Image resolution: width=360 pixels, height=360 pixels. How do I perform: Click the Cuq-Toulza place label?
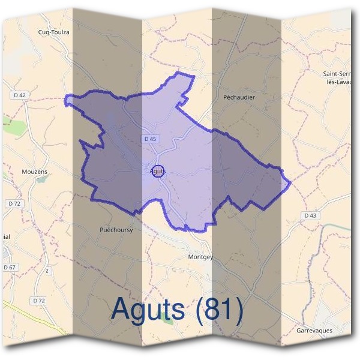tap(54, 32)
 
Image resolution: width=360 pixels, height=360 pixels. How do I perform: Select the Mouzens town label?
tap(34, 172)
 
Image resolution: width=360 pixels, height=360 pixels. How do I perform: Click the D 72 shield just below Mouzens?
tap(14, 204)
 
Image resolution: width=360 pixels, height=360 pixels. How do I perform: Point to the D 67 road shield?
tap(9, 267)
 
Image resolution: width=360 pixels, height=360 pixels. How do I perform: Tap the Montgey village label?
tap(200, 257)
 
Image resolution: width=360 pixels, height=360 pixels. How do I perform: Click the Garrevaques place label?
tap(314, 331)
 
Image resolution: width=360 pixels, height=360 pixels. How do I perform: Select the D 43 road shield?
tap(310, 215)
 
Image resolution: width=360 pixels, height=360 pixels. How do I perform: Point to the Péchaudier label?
tap(238, 97)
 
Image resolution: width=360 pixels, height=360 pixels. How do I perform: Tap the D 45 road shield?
tap(151, 139)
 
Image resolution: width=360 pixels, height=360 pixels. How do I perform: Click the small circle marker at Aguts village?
tap(157, 171)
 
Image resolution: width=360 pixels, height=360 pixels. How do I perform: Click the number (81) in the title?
tap(219, 309)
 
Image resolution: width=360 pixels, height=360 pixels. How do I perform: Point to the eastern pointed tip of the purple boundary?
tap(290, 181)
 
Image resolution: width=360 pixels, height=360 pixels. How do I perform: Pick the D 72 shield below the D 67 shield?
tap(39, 300)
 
